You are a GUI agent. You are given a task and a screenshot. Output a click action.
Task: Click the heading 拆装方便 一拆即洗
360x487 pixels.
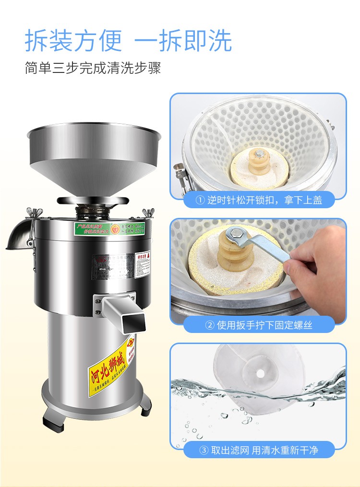point(128,41)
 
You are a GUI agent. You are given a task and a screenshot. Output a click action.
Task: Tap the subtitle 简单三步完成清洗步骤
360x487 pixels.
point(93,67)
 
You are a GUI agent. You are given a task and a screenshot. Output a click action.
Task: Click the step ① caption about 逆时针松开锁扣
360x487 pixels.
point(259,200)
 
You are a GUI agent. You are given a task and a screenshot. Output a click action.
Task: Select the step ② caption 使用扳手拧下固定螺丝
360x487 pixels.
point(259,325)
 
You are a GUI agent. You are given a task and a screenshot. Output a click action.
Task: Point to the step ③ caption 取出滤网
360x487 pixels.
point(259,450)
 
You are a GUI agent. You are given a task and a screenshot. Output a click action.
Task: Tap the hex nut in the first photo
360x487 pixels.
point(259,154)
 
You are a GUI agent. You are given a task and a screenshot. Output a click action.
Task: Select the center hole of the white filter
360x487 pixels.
point(262,373)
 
